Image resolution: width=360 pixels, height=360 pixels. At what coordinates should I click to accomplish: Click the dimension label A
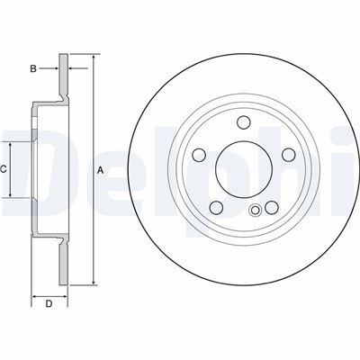101,171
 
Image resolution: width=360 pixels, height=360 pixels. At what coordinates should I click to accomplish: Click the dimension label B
33,68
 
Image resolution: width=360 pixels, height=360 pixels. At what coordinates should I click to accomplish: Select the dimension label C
3,169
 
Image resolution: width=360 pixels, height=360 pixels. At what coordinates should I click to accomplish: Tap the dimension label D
49,304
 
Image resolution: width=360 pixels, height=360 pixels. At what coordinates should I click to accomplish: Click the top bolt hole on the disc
244,122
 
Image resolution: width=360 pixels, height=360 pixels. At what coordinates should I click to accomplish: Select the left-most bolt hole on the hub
199,155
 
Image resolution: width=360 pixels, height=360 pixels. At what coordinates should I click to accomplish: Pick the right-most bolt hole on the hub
289,155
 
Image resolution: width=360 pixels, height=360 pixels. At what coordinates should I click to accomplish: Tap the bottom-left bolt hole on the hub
216,208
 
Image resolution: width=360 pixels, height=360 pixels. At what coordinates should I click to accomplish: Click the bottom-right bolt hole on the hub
272,208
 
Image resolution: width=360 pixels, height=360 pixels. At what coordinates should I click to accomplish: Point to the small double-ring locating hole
255,210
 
